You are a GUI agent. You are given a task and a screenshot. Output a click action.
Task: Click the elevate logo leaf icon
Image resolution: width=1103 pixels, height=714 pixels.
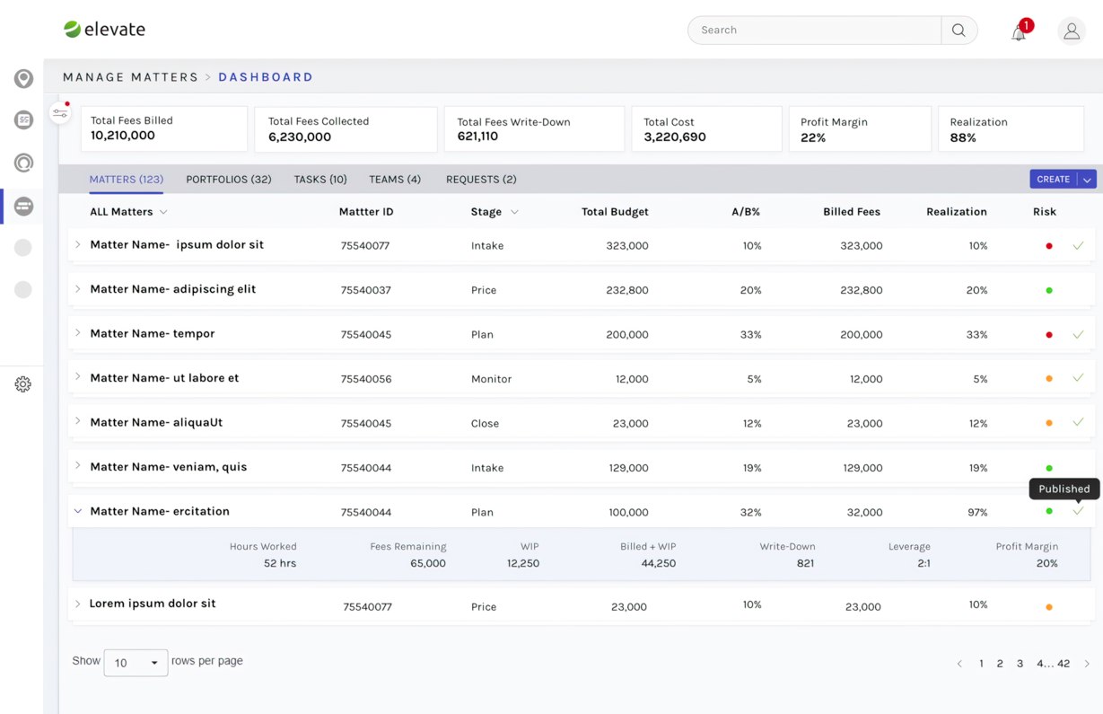(x=72, y=29)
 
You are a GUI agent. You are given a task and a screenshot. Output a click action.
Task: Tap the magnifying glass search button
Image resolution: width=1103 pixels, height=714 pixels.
(x=959, y=30)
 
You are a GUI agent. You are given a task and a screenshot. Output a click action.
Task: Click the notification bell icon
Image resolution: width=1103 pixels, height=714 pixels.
(x=1019, y=33)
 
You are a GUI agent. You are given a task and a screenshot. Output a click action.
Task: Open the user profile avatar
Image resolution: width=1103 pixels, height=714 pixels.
(x=1071, y=31)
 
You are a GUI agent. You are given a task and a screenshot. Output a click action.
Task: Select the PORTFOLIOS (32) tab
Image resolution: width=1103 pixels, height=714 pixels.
(x=229, y=179)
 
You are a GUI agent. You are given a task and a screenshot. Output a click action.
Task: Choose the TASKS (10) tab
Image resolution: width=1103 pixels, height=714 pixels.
(x=320, y=179)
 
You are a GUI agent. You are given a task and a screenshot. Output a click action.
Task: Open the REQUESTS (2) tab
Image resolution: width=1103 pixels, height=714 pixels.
(x=481, y=179)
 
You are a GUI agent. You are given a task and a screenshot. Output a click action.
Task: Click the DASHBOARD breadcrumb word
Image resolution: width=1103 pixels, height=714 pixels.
(x=266, y=77)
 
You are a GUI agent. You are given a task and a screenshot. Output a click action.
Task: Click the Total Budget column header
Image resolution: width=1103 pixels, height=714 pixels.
(x=615, y=211)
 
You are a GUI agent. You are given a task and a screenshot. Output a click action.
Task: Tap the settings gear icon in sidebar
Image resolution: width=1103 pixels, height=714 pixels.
(x=22, y=383)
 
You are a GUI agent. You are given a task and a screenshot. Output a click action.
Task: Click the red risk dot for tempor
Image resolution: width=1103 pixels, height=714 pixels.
(x=1049, y=335)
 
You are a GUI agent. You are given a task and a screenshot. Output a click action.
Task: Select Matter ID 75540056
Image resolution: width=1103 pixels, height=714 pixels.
(x=366, y=379)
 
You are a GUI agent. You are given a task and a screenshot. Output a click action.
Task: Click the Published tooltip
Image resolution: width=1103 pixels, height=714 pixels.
(x=1064, y=489)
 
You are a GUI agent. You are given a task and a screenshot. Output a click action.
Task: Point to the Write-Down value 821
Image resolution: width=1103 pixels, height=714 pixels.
(x=805, y=563)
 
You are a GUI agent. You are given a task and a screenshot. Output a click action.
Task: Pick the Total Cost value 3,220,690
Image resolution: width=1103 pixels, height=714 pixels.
(x=675, y=137)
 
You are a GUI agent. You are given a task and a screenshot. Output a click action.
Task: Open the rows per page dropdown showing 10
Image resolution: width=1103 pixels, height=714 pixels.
(x=136, y=663)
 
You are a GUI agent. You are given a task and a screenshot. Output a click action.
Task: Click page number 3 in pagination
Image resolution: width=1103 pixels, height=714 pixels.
(x=1020, y=663)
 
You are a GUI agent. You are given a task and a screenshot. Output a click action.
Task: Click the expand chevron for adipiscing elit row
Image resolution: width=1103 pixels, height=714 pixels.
(x=77, y=289)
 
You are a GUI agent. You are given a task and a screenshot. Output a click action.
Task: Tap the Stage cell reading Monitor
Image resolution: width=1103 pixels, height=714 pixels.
(x=491, y=379)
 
